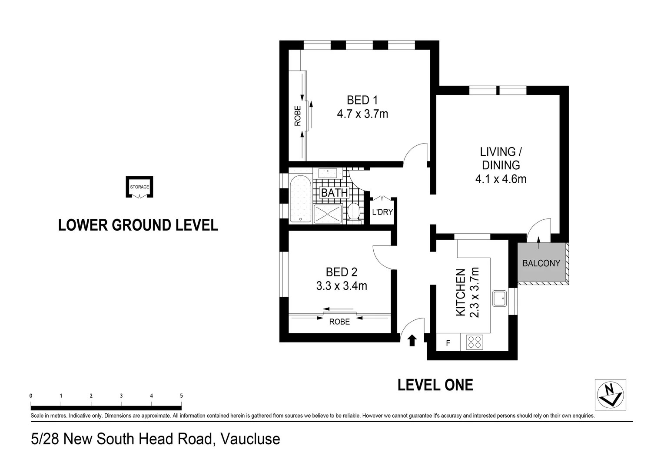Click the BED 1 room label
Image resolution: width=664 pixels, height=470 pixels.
pyautogui.click(x=362, y=100)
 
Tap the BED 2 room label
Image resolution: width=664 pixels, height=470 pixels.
pyautogui.click(x=342, y=272)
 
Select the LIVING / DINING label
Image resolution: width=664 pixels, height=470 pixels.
pyautogui.click(x=501, y=158)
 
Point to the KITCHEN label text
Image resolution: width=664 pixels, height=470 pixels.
pyautogui.click(x=460, y=292)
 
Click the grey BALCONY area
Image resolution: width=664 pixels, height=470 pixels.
pyautogui.click(x=541, y=262)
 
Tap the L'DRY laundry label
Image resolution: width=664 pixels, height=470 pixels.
pyautogui.click(x=382, y=212)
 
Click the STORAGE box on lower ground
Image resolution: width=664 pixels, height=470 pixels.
pyautogui.click(x=139, y=187)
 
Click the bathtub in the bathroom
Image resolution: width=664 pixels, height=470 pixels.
pyautogui.click(x=301, y=199)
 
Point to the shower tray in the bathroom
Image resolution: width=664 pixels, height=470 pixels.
pyautogui.click(x=328, y=214)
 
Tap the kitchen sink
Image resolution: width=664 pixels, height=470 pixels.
pyautogui.click(x=499, y=299)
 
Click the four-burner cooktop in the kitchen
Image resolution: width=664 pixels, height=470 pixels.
pyautogui.click(x=475, y=342)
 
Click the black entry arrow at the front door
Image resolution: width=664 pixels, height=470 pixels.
pyautogui.click(x=412, y=340)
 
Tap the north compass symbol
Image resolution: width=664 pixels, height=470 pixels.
pyautogui.click(x=611, y=395)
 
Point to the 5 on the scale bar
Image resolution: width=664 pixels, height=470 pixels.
pyautogui.click(x=181, y=396)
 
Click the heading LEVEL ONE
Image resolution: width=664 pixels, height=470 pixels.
pyautogui.click(x=435, y=385)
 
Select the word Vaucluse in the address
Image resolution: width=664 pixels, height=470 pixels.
pyautogui.click(x=250, y=439)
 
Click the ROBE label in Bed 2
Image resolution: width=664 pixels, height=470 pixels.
pyautogui.click(x=339, y=322)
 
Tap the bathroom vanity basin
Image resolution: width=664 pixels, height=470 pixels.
pyautogui.click(x=328, y=173)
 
